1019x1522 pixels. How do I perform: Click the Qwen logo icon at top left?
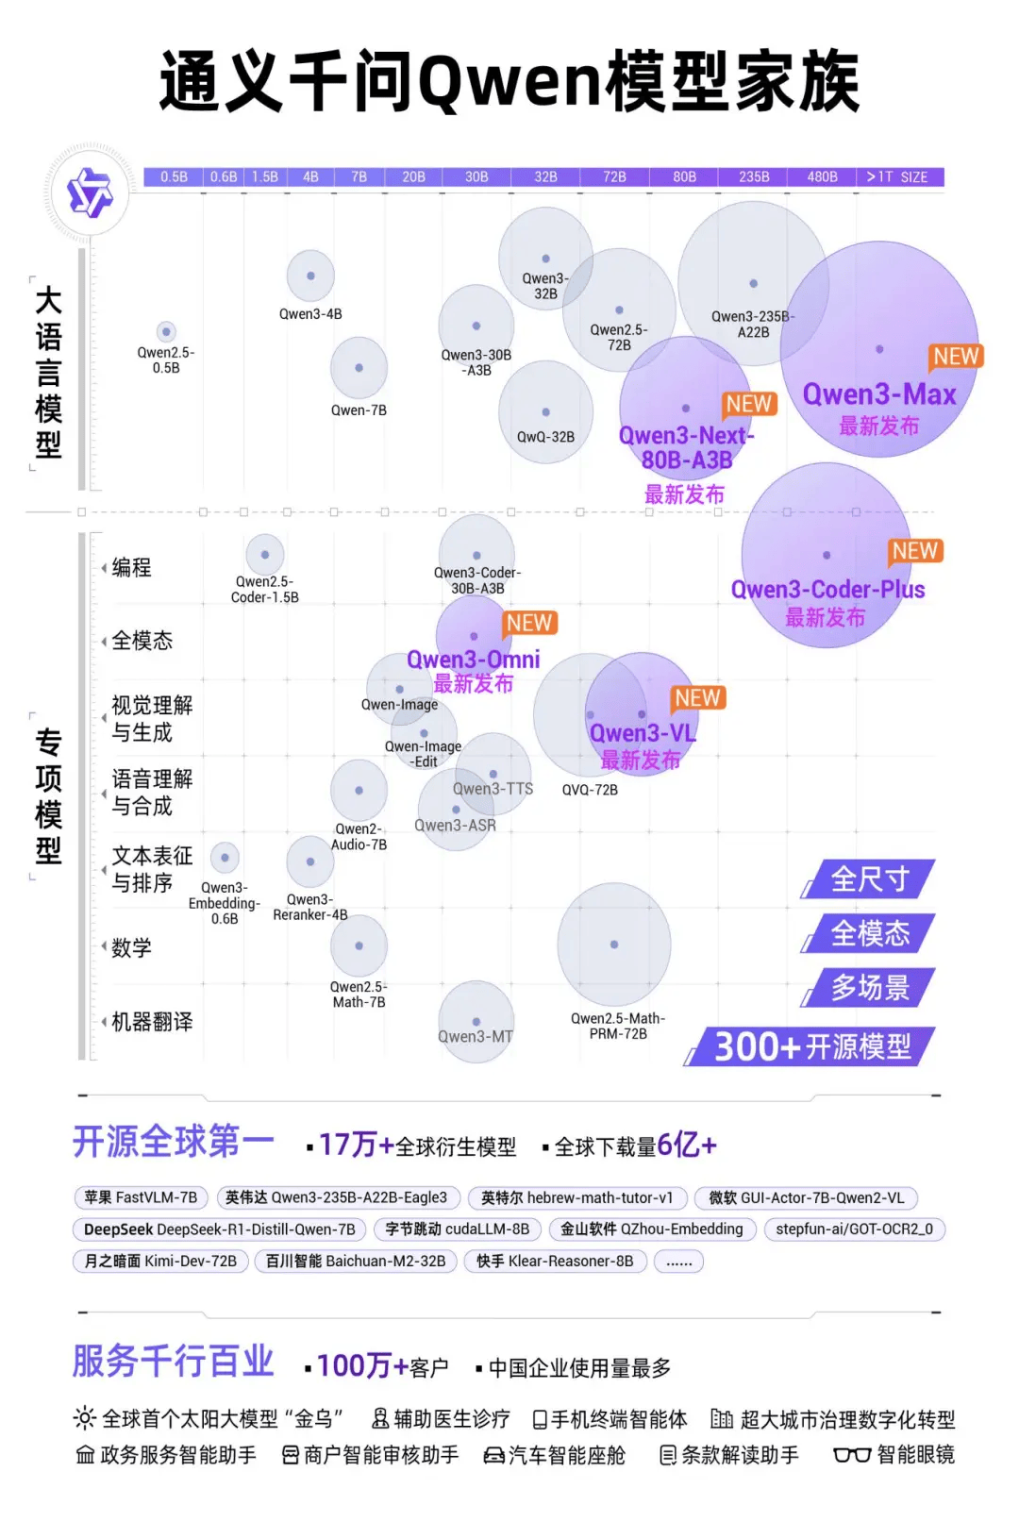click(90, 192)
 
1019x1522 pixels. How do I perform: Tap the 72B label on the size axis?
click(614, 176)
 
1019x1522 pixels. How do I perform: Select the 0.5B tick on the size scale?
click(174, 176)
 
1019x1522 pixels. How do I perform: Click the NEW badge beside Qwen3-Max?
click(956, 356)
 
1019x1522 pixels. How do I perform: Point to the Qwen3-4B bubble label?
click(310, 314)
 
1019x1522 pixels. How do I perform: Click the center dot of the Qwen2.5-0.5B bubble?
click(166, 331)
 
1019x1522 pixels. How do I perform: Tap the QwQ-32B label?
click(545, 437)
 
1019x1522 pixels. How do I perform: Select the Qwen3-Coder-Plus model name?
click(827, 590)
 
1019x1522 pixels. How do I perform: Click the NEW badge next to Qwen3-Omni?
click(528, 623)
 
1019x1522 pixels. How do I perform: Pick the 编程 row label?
click(131, 567)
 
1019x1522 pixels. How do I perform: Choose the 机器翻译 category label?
click(151, 1022)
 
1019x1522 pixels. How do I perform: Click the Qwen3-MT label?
click(476, 1036)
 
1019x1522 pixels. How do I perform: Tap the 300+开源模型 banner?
click(811, 1046)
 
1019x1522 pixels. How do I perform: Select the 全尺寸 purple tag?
click(869, 879)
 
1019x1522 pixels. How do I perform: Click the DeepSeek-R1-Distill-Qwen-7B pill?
click(219, 1229)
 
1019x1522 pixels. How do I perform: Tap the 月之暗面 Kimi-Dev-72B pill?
click(160, 1261)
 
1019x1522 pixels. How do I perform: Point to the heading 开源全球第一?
click(174, 1142)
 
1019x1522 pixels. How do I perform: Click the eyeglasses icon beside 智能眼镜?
click(851, 1455)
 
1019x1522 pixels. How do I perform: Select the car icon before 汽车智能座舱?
click(493, 1456)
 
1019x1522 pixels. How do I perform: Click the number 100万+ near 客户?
click(362, 1365)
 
